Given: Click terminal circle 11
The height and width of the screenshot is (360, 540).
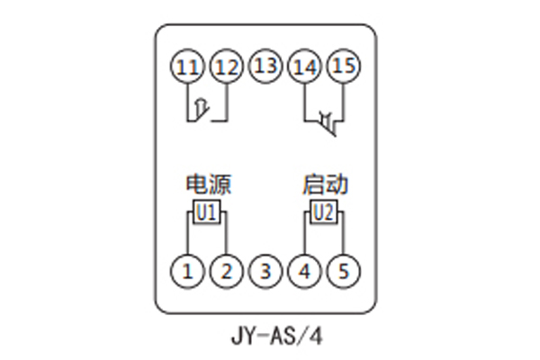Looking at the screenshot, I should tap(187, 67).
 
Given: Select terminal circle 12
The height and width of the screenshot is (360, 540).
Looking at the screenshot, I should tap(226, 67).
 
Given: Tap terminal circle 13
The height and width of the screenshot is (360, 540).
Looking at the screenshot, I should tap(265, 67).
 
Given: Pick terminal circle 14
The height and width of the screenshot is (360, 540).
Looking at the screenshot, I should tap(303, 67).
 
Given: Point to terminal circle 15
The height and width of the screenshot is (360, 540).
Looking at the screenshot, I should tap(342, 67).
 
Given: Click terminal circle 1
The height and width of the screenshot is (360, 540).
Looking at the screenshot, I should tap(187, 269).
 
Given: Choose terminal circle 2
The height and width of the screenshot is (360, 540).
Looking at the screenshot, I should tap(226, 269).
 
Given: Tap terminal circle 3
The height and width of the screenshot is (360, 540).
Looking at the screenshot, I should tap(265, 269).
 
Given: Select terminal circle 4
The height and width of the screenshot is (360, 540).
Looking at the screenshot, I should tap(303, 269).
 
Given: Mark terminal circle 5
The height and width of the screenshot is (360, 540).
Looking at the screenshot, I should tap(342, 269).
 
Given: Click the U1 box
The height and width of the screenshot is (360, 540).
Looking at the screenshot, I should tap(206, 212).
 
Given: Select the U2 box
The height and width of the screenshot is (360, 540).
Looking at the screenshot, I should tap(323, 212).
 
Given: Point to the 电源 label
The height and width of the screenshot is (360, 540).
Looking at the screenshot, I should tap(207, 185).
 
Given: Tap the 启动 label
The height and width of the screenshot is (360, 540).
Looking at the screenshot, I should tap(323, 185).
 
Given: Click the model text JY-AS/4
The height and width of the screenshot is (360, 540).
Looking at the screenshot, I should tap(269, 338).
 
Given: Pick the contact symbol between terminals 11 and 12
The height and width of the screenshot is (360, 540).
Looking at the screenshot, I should tap(206, 110).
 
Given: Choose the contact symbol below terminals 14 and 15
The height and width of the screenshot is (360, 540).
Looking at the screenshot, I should tap(326, 121).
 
